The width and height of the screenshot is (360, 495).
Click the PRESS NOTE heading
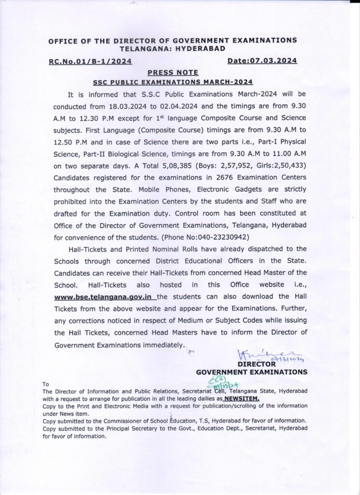173,72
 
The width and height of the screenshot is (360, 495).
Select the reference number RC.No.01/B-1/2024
90,61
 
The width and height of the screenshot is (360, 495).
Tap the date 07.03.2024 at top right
262,60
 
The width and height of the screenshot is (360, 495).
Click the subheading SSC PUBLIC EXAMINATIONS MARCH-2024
173,82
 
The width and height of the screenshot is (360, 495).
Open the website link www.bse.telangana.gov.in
104,296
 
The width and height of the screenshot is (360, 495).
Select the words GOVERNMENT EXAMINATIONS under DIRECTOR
251,372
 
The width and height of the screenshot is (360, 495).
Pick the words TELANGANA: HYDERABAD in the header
173,49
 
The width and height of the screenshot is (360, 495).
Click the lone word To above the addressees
46,384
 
